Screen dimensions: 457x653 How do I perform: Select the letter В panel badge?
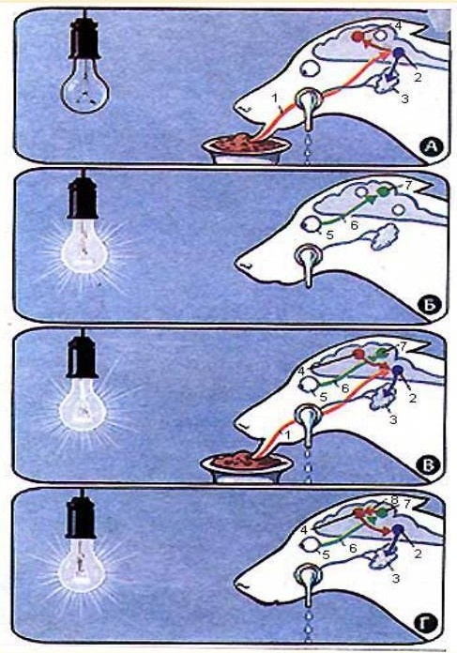pos(429,465)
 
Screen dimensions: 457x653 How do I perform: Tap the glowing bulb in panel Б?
pos(84,245)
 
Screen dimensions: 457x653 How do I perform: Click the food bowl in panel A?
pos(247,148)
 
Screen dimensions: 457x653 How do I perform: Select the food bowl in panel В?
pos(245,466)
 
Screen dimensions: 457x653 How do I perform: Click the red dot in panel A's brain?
pos(358,37)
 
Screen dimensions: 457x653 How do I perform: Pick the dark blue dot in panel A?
pos(399,53)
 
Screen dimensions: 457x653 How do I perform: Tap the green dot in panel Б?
pos(382,191)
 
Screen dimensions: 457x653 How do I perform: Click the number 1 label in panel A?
pos(274,99)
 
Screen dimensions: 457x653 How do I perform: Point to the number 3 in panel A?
pos(404,99)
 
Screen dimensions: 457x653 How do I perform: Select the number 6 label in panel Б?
pos(354,226)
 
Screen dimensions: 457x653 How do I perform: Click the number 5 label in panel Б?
pos(329,235)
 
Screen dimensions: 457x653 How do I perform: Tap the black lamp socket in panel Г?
pos(81,519)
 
